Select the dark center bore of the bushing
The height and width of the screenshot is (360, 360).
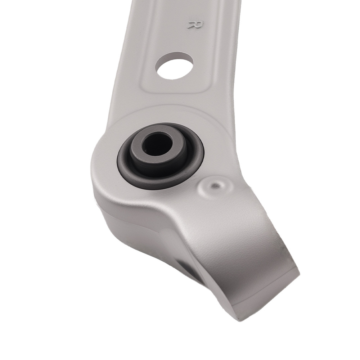tap(157, 144)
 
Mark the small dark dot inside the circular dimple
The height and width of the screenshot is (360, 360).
tap(216, 186)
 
